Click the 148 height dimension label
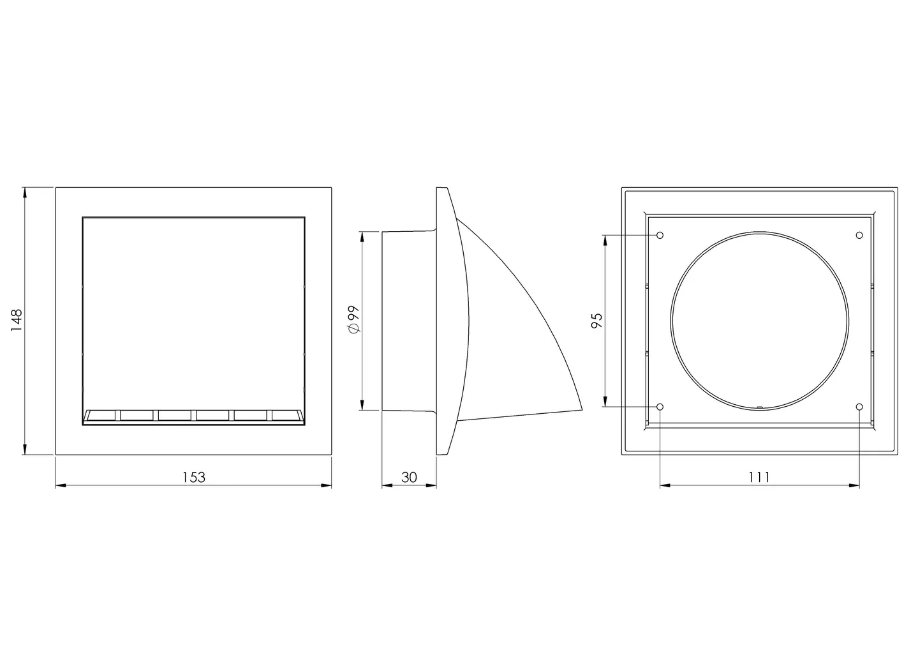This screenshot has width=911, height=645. point(17,320)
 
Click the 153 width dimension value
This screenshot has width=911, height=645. point(194,477)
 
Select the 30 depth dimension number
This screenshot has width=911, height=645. point(409,477)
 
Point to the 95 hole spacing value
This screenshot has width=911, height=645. point(597,321)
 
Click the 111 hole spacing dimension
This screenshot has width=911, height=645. point(759,477)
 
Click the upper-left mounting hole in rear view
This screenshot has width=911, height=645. point(660,236)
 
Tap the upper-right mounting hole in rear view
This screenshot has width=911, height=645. point(859,236)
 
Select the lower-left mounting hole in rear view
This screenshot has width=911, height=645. point(660,407)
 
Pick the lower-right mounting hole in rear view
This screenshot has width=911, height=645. point(859,407)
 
